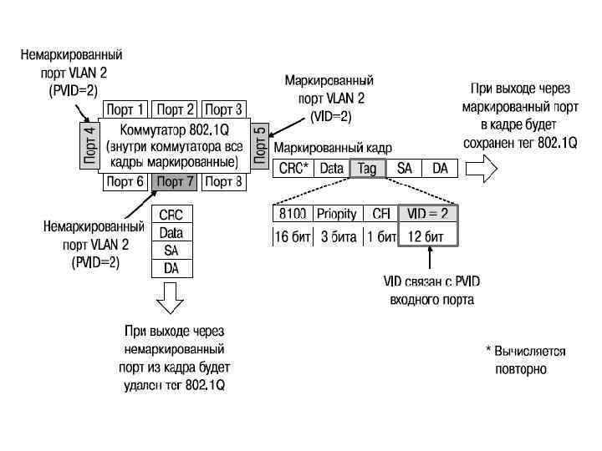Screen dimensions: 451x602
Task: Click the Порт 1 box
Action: coord(125,109)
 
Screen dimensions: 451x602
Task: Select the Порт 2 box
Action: coord(176,109)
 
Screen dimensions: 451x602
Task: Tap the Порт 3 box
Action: coord(224,109)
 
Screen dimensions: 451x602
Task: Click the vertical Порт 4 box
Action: coord(90,145)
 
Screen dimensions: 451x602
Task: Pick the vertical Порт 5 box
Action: coord(259,145)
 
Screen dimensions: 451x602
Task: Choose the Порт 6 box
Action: coord(125,181)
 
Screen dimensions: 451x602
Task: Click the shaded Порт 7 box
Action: coord(176,181)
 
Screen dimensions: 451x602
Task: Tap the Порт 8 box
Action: coord(224,181)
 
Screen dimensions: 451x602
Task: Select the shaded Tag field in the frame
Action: coord(366,168)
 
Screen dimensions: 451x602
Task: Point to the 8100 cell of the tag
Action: coord(292,214)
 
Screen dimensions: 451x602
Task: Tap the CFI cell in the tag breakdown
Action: coord(380,214)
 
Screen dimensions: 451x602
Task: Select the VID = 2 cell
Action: coord(428,214)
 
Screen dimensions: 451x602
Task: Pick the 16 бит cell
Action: coord(292,236)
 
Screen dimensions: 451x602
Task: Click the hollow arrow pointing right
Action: coord(481,168)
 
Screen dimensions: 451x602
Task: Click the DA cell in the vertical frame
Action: coord(171,268)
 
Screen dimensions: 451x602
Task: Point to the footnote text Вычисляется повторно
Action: coord(528,359)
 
